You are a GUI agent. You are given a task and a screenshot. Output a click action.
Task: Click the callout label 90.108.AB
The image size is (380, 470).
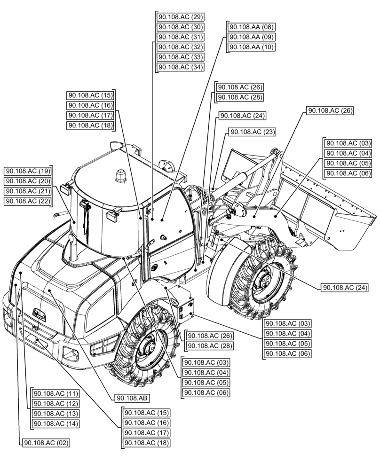click(132, 398)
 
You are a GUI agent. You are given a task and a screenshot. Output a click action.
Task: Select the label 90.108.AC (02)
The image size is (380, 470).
click(46, 443)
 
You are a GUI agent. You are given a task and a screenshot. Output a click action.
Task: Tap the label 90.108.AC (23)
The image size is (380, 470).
click(252, 132)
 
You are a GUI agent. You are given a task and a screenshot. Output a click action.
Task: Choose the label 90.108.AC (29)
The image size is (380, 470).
click(180, 17)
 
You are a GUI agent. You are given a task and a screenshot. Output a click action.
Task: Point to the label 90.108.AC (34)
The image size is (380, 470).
click(180, 67)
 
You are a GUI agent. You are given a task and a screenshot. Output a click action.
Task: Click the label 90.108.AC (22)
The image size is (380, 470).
click(28, 201)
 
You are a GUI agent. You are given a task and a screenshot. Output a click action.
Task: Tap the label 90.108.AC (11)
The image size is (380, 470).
click(55, 393)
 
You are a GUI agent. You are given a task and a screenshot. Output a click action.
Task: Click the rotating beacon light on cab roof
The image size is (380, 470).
click(118, 176)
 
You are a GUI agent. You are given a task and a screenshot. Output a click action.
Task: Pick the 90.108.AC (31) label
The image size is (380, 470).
click(180, 37)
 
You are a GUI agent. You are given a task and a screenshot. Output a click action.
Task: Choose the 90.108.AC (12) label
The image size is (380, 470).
click(55, 403)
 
